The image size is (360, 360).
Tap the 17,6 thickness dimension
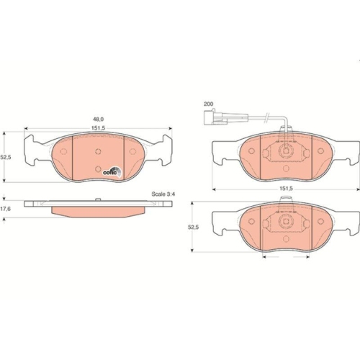click(x=6, y=210)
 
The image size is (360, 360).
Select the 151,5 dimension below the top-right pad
click(x=286, y=189)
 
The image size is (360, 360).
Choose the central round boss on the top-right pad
click(x=286, y=155)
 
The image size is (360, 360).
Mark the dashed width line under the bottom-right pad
click(x=286, y=258)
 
